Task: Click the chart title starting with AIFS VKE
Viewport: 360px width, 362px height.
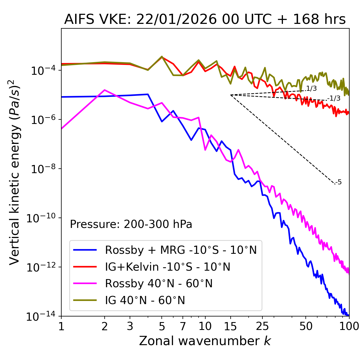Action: pyautogui.click(x=205, y=20)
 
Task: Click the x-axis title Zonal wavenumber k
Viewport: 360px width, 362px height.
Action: pyautogui.click(x=205, y=341)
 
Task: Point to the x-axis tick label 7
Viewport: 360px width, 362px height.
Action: pyautogui.click(x=183, y=326)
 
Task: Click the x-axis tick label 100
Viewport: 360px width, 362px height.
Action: pyautogui.click(x=349, y=326)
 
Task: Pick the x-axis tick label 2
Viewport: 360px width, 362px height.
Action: pyautogui.click(x=105, y=326)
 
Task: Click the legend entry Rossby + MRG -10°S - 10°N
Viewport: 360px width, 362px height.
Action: pyautogui.click(x=181, y=250)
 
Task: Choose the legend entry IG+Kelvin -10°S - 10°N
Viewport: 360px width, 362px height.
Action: pyautogui.click(x=168, y=267)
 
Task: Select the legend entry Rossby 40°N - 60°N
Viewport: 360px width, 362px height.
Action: pyautogui.click(x=159, y=284)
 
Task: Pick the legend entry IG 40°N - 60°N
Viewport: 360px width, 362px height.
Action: pyautogui.click(x=145, y=300)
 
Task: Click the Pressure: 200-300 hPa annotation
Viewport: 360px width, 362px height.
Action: pyautogui.click(x=131, y=224)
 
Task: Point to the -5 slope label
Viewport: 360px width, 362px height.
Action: pyautogui.click(x=339, y=182)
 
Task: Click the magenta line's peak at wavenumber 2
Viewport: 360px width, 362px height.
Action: pyautogui.click(x=105, y=90)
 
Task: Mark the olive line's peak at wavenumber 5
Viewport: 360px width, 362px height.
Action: pyautogui.click(x=162, y=56)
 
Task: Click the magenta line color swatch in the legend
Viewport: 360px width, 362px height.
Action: pyautogui.click(x=85, y=284)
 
